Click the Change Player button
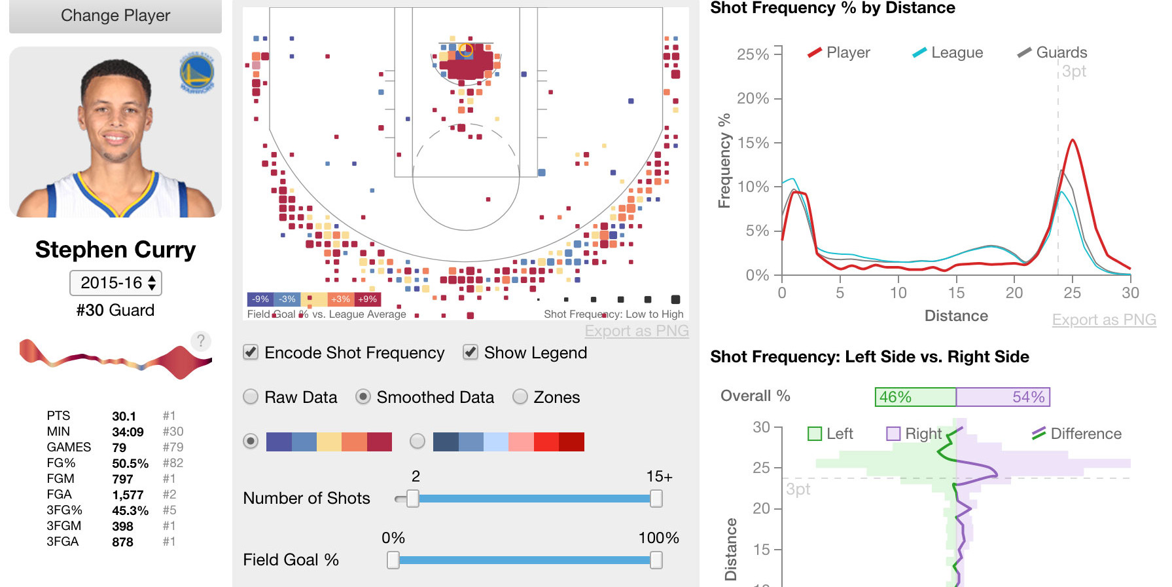coord(115,16)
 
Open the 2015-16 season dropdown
coord(116,283)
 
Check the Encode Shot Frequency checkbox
coord(251,352)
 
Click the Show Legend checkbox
coord(470,352)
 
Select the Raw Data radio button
coord(251,397)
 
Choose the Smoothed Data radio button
coord(363,397)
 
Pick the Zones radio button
coord(520,397)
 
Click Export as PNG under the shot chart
coord(636,331)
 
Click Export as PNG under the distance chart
coord(1103,320)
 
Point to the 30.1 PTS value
coord(124,416)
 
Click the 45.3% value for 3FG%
coord(130,510)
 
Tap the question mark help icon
coord(201,341)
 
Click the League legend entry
coord(948,52)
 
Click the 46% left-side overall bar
coord(915,397)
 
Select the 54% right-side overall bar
coord(1003,397)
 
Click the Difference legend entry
coord(1076,434)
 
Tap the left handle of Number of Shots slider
coord(412,499)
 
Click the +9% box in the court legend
coord(367,299)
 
